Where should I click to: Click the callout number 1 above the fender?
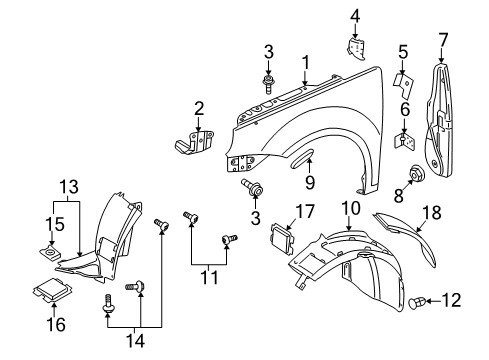(305, 64)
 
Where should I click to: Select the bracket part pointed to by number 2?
(194, 143)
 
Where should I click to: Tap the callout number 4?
(355, 16)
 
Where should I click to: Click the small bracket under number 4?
(356, 49)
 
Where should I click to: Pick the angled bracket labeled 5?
(404, 86)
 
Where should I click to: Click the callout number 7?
(443, 40)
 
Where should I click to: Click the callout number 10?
(351, 208)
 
